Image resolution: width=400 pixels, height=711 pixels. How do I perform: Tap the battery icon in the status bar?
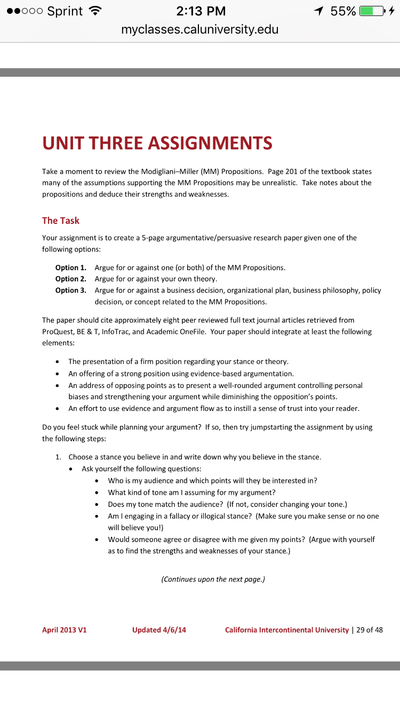point(371,11)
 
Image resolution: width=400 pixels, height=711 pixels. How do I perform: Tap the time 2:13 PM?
point(200,11)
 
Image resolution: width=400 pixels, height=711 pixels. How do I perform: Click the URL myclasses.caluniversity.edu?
point(200,29)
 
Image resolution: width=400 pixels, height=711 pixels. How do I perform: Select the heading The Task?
point(61,221)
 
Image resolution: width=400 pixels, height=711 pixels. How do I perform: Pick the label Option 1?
point(70,268)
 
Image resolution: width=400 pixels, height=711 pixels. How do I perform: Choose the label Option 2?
point(70,279)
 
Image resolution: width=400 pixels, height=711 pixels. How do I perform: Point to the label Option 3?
point(70,290)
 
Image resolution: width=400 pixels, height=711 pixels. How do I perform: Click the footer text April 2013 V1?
point(65,630)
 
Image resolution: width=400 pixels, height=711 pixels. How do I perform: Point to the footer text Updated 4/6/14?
point(159,630)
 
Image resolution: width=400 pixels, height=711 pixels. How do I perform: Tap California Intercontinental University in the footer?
point(286,630)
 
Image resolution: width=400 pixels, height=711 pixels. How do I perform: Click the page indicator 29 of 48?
point(370,630)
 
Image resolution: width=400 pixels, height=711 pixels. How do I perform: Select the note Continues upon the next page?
point(213,579)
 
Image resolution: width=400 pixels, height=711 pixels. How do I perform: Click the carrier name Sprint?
point(65,11)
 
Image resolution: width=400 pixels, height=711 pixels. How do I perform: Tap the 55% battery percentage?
point(343,11)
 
